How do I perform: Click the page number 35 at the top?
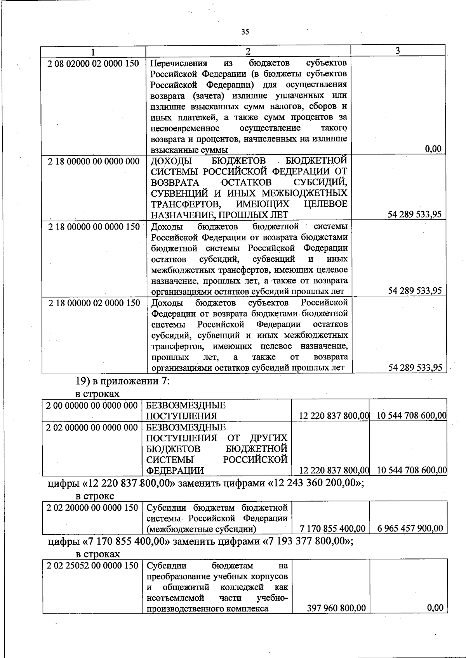pyautogui.click(x=245, y=32)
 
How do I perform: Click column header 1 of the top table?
pyautogui.click(x=93, y=52)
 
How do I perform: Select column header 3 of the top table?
pyautogui.click(x=398, y=51)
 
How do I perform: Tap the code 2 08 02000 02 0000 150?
pyautogui.click(x=93, y=63)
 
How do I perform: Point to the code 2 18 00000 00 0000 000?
pyautogui.click(x=94, y=161)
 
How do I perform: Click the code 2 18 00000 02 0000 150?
pyautogui.click(x=94, y=303)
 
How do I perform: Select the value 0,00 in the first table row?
pyautogui.click(x=433, y=149)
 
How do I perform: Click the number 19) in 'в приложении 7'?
pyautogui.click(x=82, y=381)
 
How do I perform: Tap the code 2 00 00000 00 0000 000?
pyautogui.click(x=92, y=406)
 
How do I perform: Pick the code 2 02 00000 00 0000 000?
pyautogui.click(x=92, y=427)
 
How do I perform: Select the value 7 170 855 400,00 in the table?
pyautogui.click(x=332, y=528)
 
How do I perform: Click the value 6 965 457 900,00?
pyautogui.click(x=410, y=528)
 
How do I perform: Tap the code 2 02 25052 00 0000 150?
pyautogui.click(x=92, y=566)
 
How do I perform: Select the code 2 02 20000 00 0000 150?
pyautogui.click(x=92, y=508)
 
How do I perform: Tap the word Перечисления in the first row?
pyautogui.click(x=179, y=63)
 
